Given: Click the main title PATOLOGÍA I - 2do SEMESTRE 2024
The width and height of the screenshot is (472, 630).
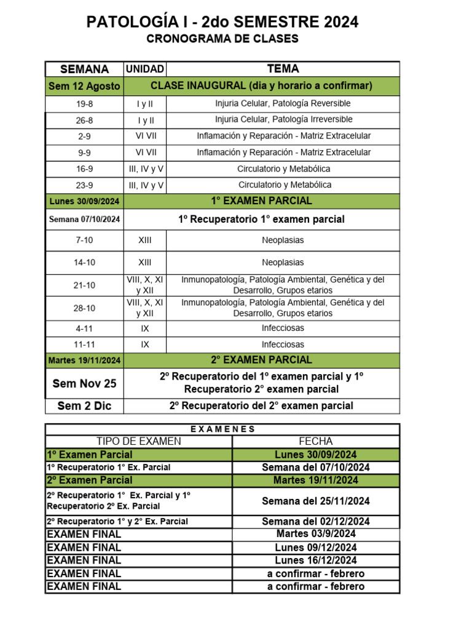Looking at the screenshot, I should (222, 23).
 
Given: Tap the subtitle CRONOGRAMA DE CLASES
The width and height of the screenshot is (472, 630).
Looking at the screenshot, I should (222, 39).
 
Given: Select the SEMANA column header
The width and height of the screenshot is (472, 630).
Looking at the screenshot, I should (84, 69).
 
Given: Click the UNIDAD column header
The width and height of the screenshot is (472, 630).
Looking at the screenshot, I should (145, 69).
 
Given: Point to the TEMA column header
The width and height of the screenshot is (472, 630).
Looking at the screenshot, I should (283, 69).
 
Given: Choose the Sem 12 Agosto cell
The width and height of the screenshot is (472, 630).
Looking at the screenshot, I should (84, 86).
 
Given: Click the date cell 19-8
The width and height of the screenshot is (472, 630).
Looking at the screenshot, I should (84, 104).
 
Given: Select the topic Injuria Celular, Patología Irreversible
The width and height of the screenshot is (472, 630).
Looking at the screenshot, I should (283, 119).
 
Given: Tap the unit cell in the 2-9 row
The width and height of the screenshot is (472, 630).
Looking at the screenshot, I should (145, 136).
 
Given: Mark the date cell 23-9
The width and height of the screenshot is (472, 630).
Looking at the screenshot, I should (84, 185).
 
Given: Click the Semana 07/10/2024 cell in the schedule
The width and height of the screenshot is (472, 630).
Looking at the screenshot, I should (84, 220).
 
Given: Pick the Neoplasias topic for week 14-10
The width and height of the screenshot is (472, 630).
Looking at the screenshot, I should (283, 262).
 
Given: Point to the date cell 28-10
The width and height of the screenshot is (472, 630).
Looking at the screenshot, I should (84, 308).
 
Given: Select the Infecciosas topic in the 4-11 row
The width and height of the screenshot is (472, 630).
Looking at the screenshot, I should (283, 329).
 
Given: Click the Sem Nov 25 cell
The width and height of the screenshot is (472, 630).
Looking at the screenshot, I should (84, 383).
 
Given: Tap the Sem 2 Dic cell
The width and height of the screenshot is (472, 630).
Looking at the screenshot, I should (84, 405).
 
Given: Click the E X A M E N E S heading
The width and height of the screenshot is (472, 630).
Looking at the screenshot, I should (222, 429).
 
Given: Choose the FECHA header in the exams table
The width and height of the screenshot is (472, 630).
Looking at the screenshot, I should (316, 441).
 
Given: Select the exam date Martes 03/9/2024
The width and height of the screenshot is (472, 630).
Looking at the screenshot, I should (316, 533).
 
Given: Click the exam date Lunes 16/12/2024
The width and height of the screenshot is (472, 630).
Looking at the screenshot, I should (316, 560).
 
